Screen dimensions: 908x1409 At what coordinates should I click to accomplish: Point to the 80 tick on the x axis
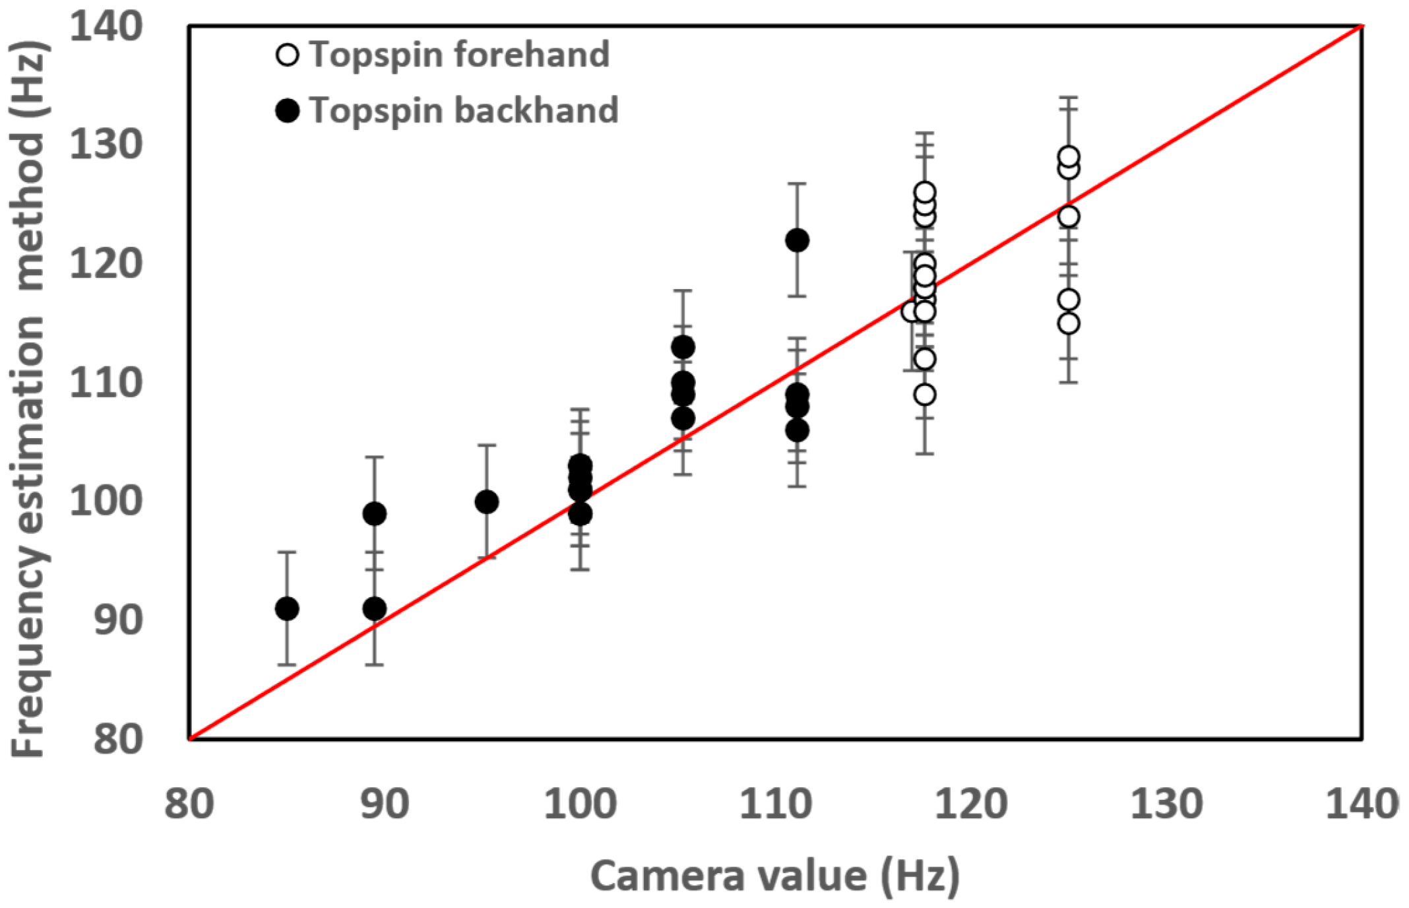pyautogui.click(x=189, y=804)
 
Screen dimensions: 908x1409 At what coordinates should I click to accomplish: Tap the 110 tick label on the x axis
pyautogui.click(x=775, y=804)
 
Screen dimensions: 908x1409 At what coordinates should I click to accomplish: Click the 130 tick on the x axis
pyautogui.click(x=1166, y=804)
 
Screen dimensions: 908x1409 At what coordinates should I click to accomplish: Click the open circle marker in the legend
pyautogui.click(x=287, y=55)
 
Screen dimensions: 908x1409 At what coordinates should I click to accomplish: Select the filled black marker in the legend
pyautogui.click(x=287, y=110)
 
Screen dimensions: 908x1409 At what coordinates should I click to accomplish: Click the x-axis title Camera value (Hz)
pyautogui.click(x=774, y=876)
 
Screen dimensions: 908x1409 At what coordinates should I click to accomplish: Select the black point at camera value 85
pyautogui.click(x=286, y=608)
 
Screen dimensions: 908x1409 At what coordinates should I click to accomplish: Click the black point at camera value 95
pyautogui.click(x=487, y=502)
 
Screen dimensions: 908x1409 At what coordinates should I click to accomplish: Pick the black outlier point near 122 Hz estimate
pyautogui.click(x=797, y=240)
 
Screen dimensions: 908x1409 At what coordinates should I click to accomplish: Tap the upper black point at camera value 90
pyautogui.click(x=375, y=513)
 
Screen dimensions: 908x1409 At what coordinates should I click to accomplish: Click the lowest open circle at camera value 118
pyautogui.click(x=925, y=395)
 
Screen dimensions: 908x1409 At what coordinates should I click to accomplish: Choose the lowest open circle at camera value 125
pyautogui.click(x=1069, y=323)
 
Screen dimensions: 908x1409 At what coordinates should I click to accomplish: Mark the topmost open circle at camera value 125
pyautogui.click(x=1069, y=157)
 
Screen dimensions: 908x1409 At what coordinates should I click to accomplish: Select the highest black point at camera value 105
pyautogui.click(x=683, y=347)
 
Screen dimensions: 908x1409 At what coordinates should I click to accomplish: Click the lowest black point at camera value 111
pyautogui.click(x=797, y=431)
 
